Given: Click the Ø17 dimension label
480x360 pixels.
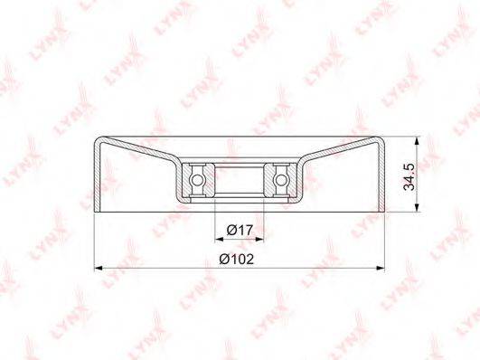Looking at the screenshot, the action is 240,230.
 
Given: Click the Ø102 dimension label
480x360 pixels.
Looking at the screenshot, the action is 237,260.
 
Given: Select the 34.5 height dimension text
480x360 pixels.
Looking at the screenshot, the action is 409,176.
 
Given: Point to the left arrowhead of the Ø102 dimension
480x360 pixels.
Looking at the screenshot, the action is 98,268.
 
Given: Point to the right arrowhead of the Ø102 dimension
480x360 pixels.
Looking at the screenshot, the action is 381,268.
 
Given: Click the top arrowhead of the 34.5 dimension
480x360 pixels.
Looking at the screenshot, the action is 417,141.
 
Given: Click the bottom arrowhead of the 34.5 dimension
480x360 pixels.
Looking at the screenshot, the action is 417,207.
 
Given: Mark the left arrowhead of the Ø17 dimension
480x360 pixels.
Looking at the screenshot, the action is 219,239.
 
